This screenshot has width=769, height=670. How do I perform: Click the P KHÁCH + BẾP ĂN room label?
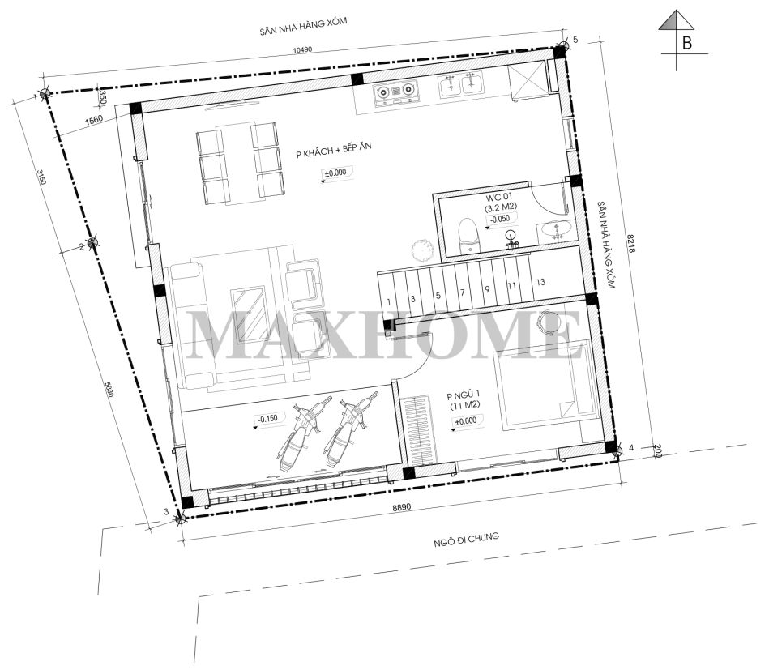[334, 150]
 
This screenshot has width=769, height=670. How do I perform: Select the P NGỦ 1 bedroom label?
[463, 395]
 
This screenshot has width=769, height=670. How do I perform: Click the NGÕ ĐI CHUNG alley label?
[467, 540]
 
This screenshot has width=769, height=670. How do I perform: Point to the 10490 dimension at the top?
[302, 49]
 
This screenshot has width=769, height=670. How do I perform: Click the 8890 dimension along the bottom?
[401, 507]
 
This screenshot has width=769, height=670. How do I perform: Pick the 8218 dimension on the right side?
[631, 243]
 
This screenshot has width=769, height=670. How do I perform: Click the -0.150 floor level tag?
[267, 418]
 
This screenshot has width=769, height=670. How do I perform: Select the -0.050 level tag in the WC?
[500, 219]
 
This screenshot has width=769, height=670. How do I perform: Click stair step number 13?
[540, 282]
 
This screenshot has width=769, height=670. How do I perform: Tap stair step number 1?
[389, 301]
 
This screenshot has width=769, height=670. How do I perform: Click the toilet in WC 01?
[468, 236]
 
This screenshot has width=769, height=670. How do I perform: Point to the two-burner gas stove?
[395, 92]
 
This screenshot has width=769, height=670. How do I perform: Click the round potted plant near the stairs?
[421, 250]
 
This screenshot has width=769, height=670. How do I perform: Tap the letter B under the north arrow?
[686, 43]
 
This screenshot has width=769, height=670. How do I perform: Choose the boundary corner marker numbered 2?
[92, 242]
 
